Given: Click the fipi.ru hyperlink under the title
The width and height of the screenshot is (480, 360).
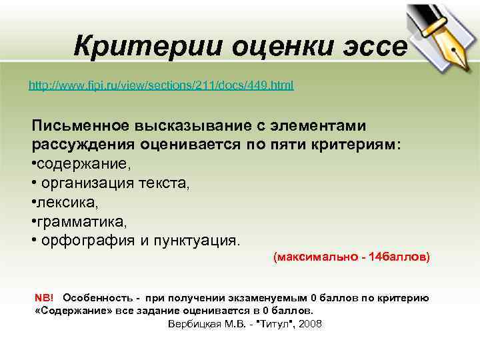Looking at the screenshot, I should tap(161, 86).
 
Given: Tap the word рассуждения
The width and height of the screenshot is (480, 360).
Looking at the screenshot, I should tap(83, 145).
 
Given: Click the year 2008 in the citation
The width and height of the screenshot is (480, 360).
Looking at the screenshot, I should tap(311, 324).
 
